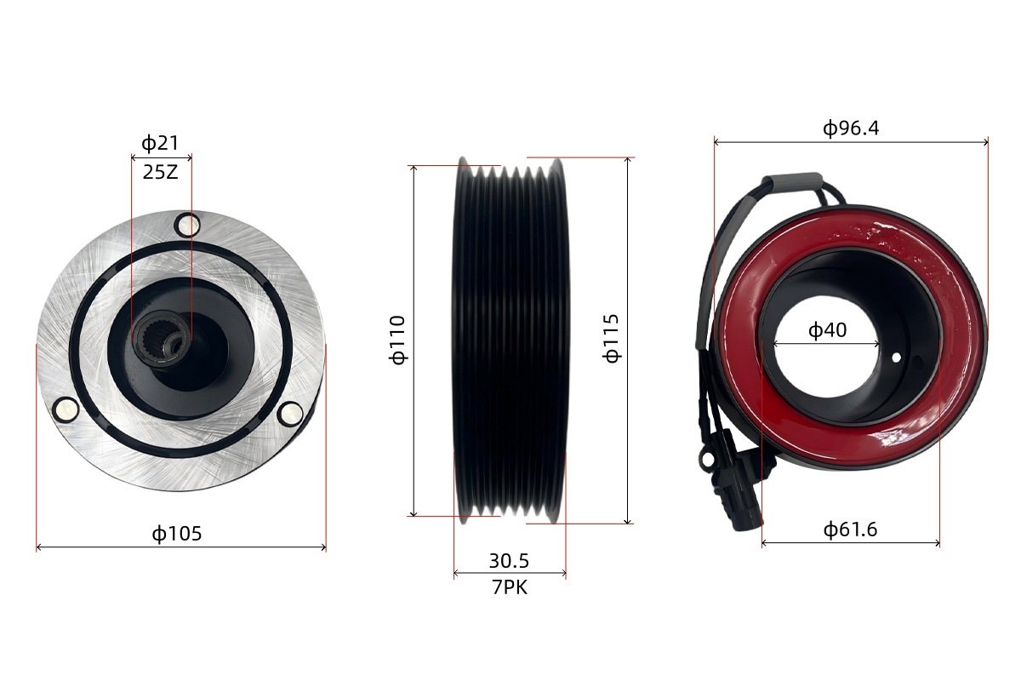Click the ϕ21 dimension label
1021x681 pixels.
[x=160, y=143]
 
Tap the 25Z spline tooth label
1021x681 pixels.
[x=160, y=173]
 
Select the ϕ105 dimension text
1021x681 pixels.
[x=177, y=533]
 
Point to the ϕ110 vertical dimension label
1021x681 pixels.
[x=397, y=340]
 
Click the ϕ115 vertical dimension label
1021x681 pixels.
[x=611, y=339]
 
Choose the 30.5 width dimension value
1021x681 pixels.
[x=509, y=561]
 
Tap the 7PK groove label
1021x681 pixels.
[x=510, y=587]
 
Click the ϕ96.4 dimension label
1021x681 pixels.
[x=851, y=129]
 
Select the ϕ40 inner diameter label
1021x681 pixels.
[x=827, y=329]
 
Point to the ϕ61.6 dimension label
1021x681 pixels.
[x=850, y=529]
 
